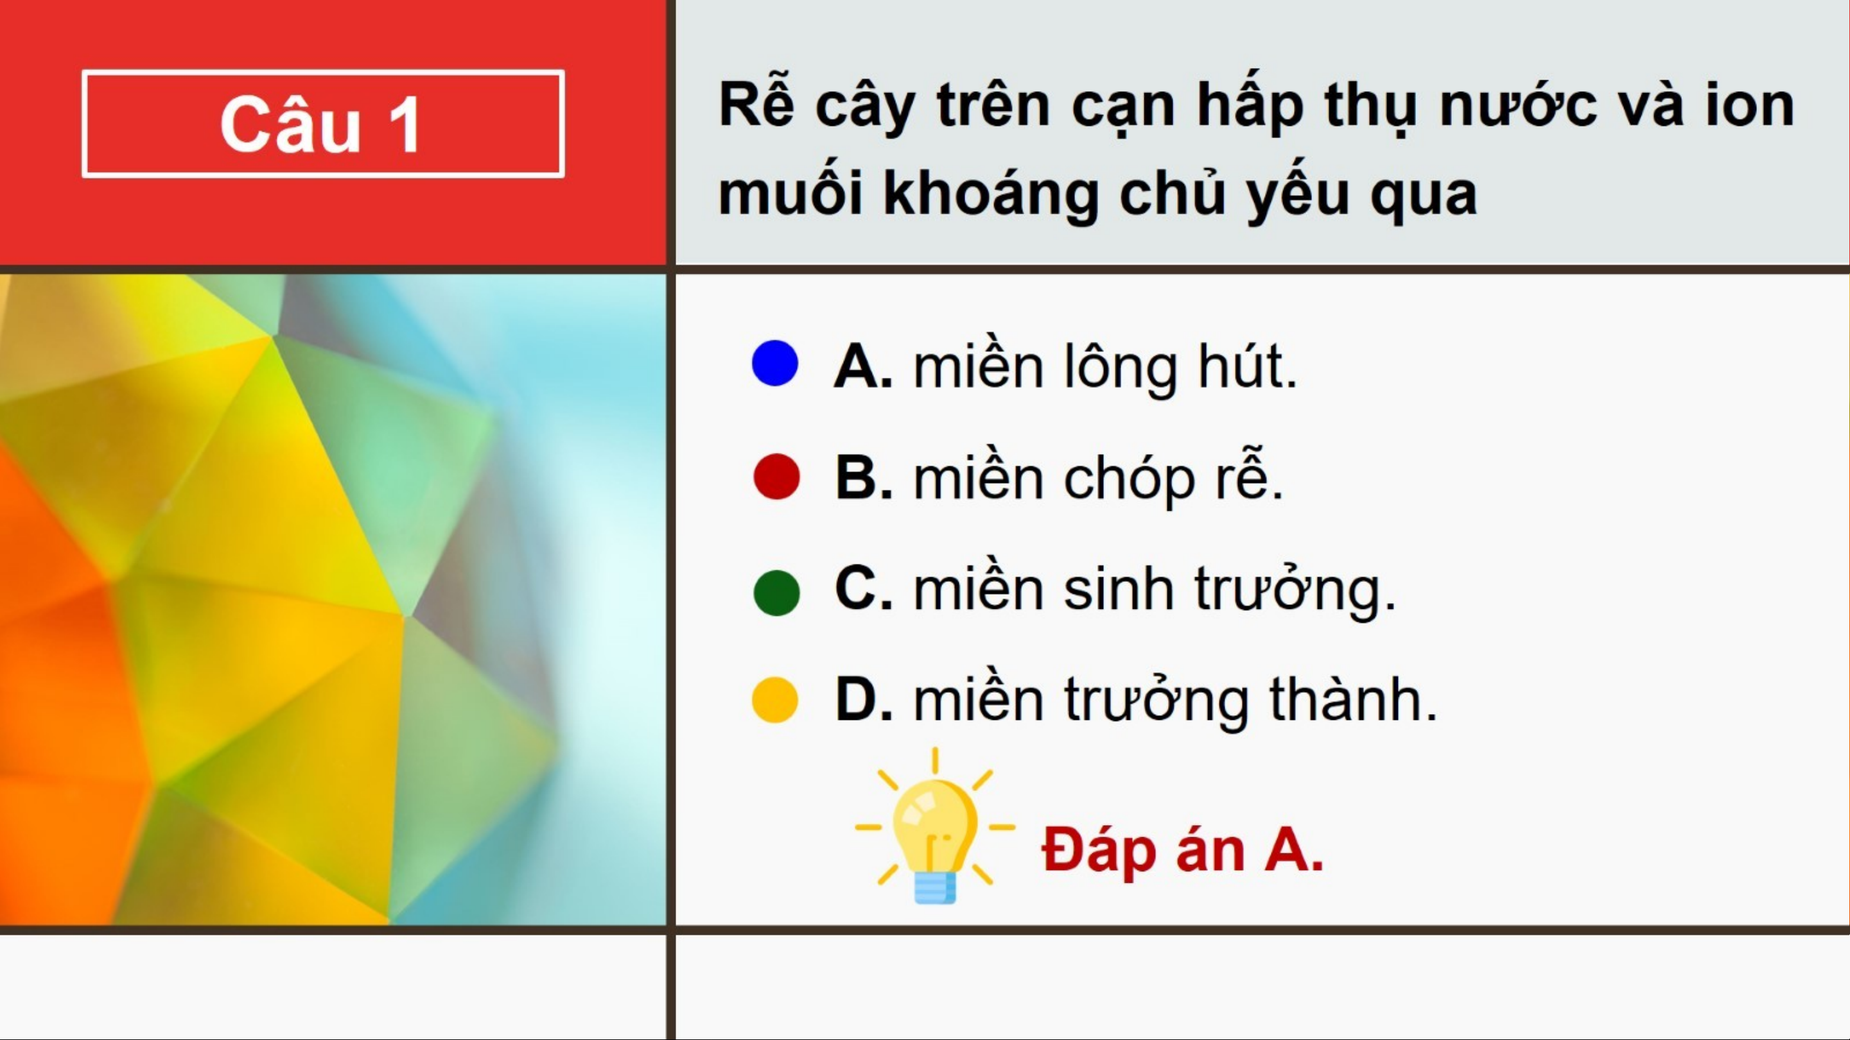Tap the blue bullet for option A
[x=775, y=363]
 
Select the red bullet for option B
[x=776, y=476]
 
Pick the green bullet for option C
[x=776, y=593]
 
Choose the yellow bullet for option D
[x=775, y=699]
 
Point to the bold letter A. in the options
[x=863, y=366]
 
